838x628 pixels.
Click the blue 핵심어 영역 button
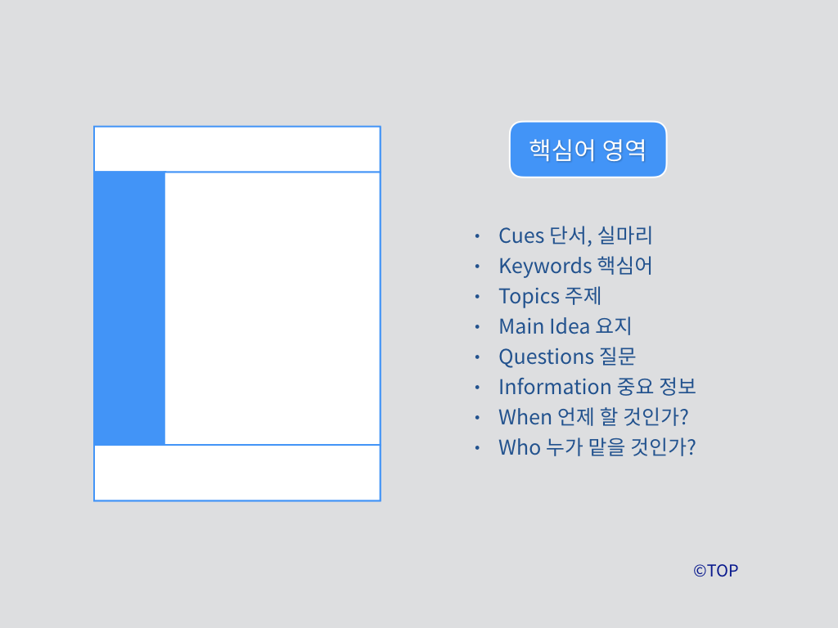pos(588,150)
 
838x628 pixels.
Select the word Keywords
pos(544,266)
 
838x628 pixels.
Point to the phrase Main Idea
pos(544,326)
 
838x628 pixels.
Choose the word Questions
pos(546,357)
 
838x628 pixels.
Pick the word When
pos(525,417)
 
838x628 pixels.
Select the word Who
pos(519,447)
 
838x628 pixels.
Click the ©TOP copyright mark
pos(715,571)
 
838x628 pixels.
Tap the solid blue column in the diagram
pos(129,308)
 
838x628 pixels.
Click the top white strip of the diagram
pos(237,150)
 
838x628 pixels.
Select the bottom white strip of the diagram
pos(237,473)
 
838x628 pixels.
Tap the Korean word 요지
pos(614,326)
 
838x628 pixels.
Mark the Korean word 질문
pos(617,357)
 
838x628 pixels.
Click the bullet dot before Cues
pos(477,235)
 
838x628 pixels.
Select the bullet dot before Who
pos(477,447)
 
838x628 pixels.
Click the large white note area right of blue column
pos(273,308)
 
